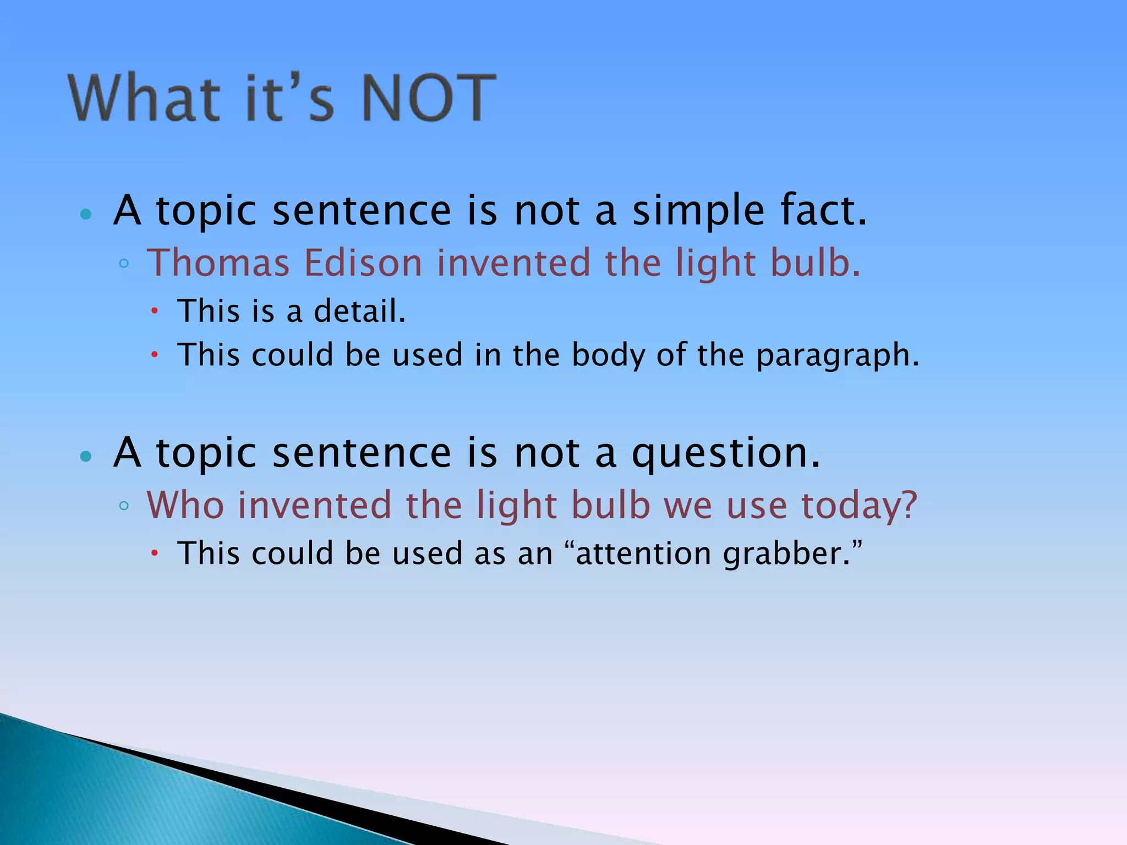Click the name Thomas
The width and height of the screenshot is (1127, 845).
coord(218,262)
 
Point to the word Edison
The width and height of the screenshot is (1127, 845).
coord(363,262)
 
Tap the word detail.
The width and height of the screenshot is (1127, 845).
coord(359,311)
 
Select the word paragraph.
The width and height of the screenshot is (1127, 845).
coord(837,355)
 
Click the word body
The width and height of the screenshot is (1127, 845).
coord(608,355)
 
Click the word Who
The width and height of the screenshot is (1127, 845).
coord(185,504)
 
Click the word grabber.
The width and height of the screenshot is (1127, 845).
coord(791,553)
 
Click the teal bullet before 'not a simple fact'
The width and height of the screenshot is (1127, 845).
coord(85,214)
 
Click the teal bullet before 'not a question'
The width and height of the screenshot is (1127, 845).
coord(85,456)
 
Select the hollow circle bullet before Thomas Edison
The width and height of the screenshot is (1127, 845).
coord(124,264)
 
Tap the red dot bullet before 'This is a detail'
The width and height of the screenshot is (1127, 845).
coord(155,311)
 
